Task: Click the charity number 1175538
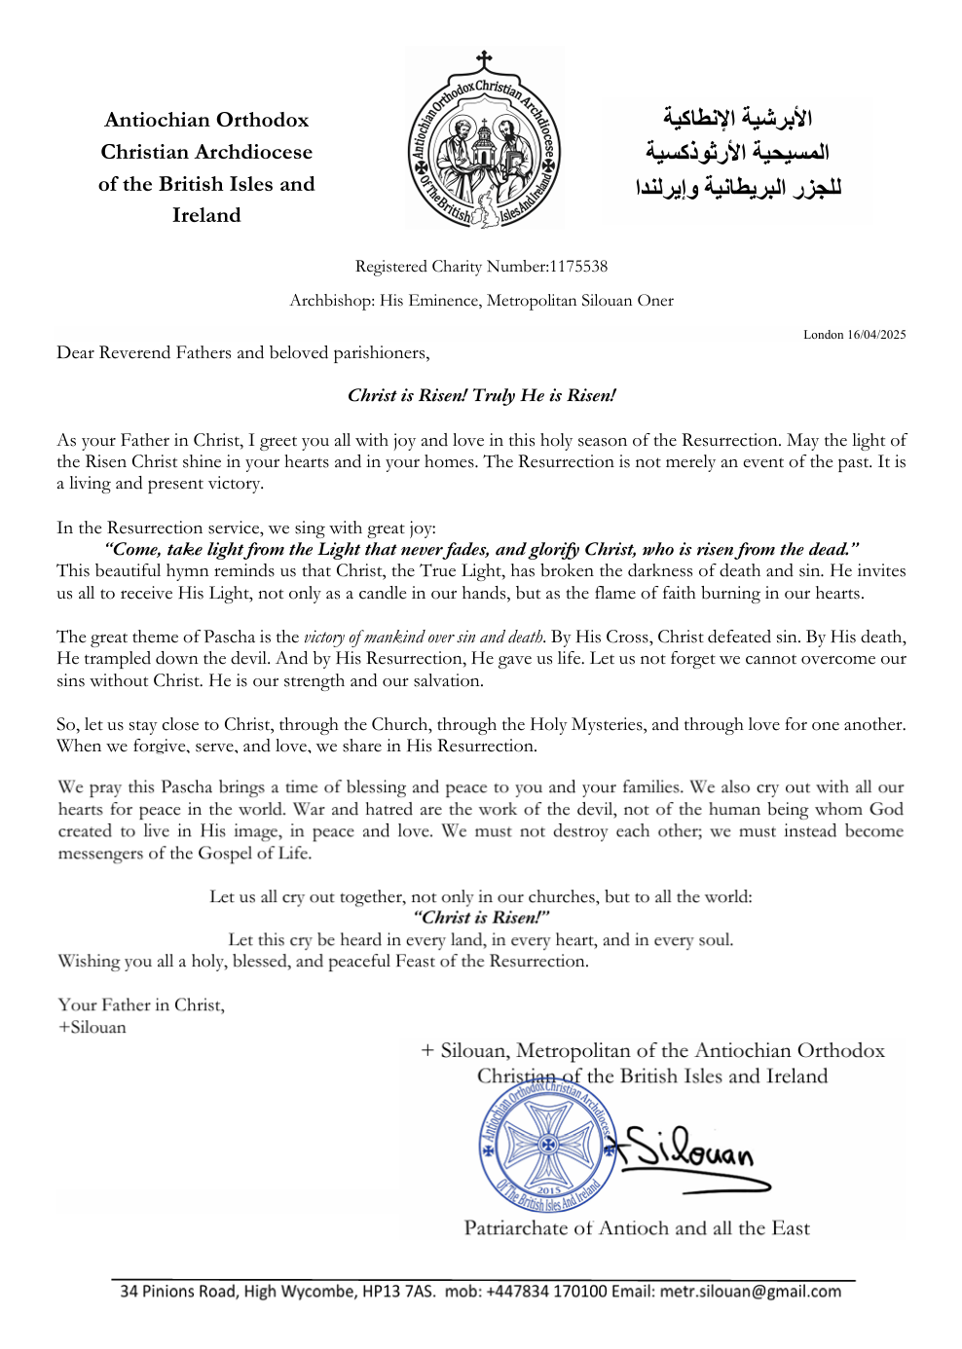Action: point(578,266)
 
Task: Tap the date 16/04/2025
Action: point(876,335)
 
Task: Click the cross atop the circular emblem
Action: point(484,60)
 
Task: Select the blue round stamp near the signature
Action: point(548,1146)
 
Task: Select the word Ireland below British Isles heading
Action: point(206,215)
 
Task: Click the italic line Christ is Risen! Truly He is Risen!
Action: point(481,395)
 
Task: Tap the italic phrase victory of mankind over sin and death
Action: point(425,638)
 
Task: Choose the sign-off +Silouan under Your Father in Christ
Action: point(92,1027)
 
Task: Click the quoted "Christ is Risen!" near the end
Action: point(481,917)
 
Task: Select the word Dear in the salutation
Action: point(76,352)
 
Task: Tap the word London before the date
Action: point(823,335)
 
